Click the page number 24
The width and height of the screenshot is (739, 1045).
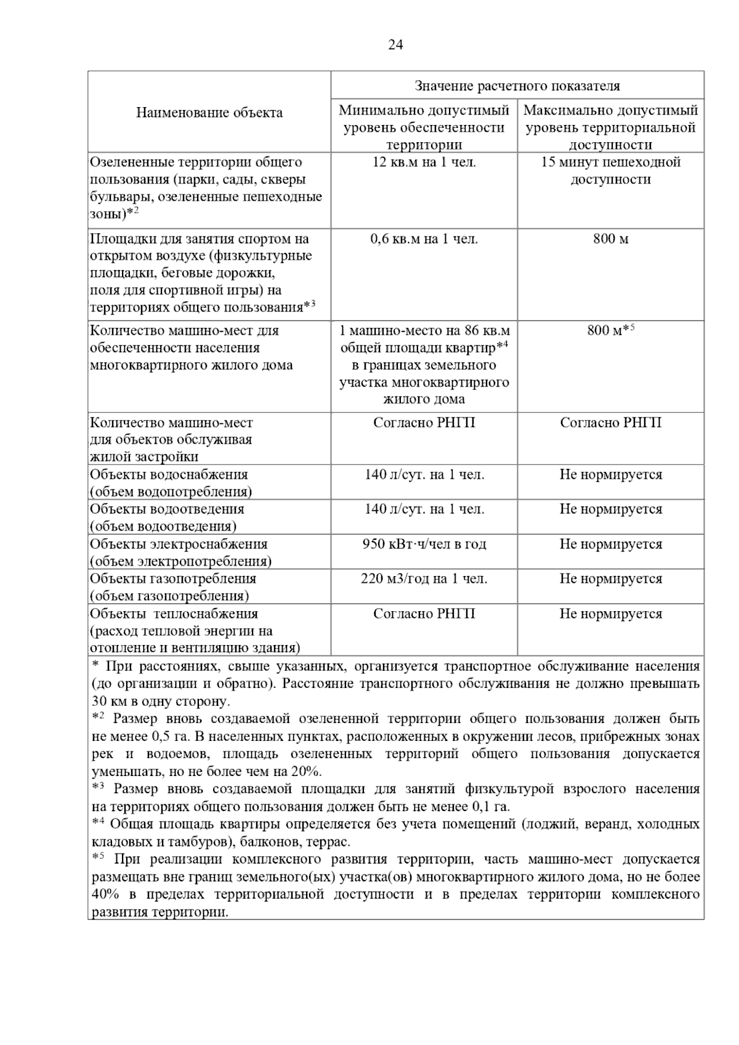[395, 45]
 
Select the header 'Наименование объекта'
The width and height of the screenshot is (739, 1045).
[209, 113]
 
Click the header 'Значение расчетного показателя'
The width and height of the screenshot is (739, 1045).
[517, 86]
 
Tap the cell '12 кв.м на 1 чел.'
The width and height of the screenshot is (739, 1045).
[424, 162]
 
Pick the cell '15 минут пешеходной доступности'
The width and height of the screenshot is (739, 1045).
[610, 171]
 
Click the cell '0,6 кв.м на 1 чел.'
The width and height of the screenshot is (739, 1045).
[424, 239]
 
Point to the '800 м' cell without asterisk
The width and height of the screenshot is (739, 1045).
[610, 239]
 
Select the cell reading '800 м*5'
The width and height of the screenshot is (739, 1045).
[610, 330]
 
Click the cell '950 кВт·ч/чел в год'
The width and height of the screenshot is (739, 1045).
[424, 544]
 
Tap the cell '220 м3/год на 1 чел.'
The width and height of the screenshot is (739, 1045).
[424, 579]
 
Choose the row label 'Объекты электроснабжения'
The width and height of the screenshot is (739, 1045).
[179, 544]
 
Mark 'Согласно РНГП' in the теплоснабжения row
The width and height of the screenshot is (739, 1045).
[424, 614]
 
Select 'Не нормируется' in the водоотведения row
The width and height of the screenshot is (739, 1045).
[610, 509]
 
